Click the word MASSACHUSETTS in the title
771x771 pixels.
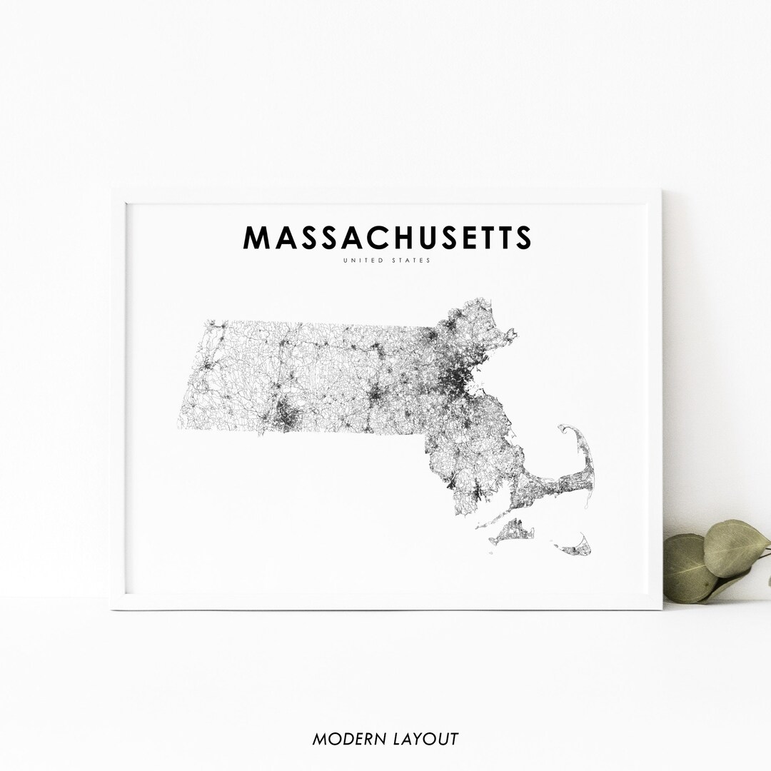[387, 238]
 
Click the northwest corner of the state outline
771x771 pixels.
[206, 321]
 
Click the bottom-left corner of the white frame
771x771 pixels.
[113, 608]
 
